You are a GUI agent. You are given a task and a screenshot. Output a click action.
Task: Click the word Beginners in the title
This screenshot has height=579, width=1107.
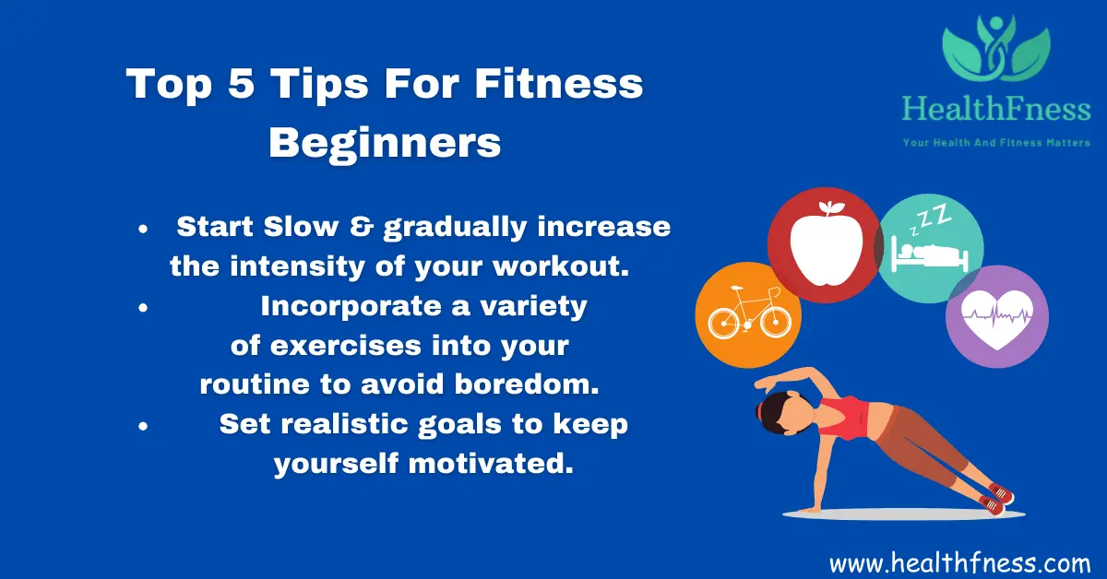(x=385, y=144)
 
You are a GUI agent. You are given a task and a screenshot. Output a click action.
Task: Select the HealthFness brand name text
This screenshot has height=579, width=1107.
(x=996, y=111)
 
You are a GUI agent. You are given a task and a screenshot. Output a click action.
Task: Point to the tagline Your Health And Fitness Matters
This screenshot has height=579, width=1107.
(x=996, y=142)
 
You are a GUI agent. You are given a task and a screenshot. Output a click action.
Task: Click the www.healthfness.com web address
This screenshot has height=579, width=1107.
(x=960, y=561)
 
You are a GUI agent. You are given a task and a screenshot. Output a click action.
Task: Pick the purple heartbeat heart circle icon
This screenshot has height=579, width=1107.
(x=996, y=316)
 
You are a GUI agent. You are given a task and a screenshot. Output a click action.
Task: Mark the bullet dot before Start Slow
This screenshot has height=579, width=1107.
(x=143, y=228)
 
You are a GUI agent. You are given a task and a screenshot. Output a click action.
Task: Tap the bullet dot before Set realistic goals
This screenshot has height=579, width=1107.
(x=143, y=426)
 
